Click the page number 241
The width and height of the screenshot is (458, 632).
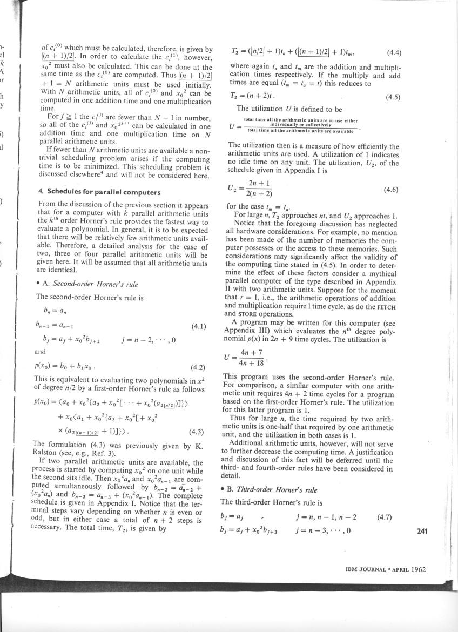coord(422,531)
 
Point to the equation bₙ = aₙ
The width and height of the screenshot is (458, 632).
coord(54,311)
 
